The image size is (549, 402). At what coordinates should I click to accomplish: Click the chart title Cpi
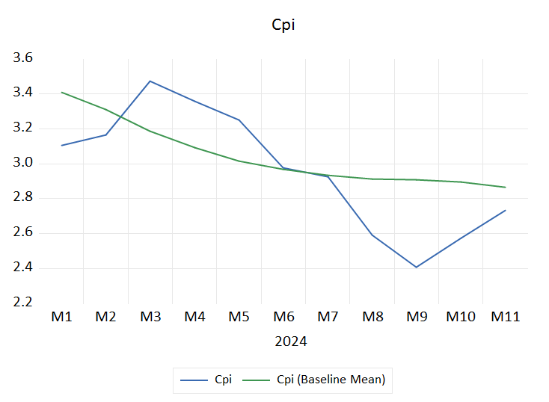283,25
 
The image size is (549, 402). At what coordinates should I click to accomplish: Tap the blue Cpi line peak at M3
150,81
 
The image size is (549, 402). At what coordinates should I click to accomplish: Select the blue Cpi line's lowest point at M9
417,267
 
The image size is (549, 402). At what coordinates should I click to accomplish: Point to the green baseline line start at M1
61,92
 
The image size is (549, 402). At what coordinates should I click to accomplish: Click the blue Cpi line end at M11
506,210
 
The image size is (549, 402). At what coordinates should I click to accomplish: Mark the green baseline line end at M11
506,187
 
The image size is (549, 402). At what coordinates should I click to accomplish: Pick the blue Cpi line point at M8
372,235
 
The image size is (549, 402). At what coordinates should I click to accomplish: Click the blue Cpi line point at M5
239,120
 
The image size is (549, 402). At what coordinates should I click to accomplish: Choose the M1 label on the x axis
61,317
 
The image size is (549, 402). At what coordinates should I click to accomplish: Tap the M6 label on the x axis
283,317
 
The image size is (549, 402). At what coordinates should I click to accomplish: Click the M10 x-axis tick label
461,317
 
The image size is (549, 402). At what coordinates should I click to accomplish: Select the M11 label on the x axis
506,317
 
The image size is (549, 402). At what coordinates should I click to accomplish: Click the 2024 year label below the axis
291,342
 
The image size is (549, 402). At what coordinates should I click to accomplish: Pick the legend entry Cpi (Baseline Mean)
331,380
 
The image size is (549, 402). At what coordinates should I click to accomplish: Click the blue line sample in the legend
194,380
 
